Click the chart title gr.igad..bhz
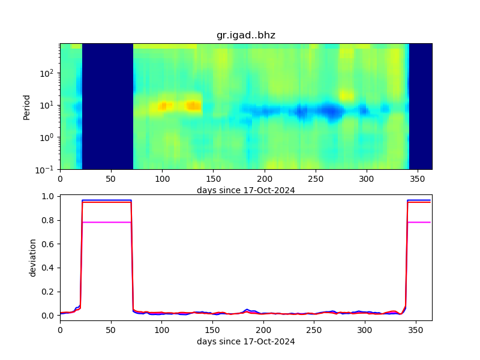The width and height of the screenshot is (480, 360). [x=245, y=35]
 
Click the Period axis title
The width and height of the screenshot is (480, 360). [x=26, y=106]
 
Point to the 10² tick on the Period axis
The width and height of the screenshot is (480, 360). [x=49, y=73]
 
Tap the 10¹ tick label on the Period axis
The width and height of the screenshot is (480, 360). [x=49, y=105]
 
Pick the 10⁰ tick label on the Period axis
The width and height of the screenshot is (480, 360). [x=49, y=137]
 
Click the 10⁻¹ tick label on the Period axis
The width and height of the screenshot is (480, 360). [x=48, y=169]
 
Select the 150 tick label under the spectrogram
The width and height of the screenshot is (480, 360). [x=213, y=179]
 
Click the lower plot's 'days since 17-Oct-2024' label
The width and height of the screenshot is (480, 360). [x=245, y=342]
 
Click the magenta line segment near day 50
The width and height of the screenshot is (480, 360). [x=111, y=222]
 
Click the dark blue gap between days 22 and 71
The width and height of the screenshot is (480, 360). [x=107, y=106]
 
